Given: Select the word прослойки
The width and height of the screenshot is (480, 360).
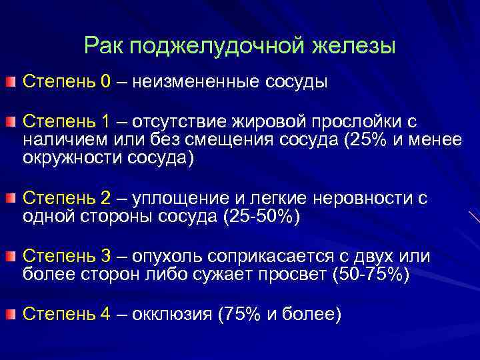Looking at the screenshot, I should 353,122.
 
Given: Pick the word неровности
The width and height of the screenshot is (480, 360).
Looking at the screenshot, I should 359,199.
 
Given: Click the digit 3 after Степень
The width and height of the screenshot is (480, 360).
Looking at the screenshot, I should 108,257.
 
